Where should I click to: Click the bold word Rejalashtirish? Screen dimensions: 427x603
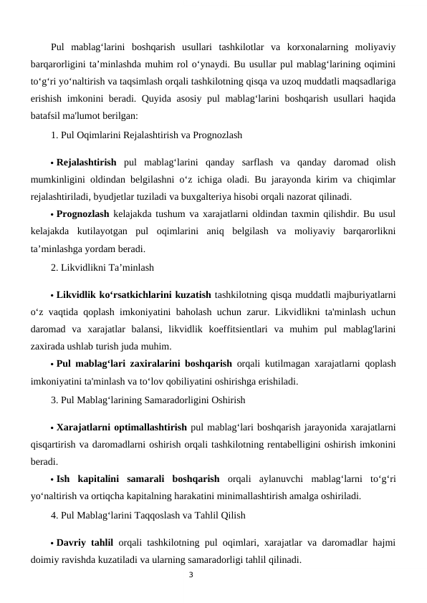click(86, 160)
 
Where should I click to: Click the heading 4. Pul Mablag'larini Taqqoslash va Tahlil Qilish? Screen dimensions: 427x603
click(148, 514)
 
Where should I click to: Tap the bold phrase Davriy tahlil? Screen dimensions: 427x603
click(87, 541)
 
